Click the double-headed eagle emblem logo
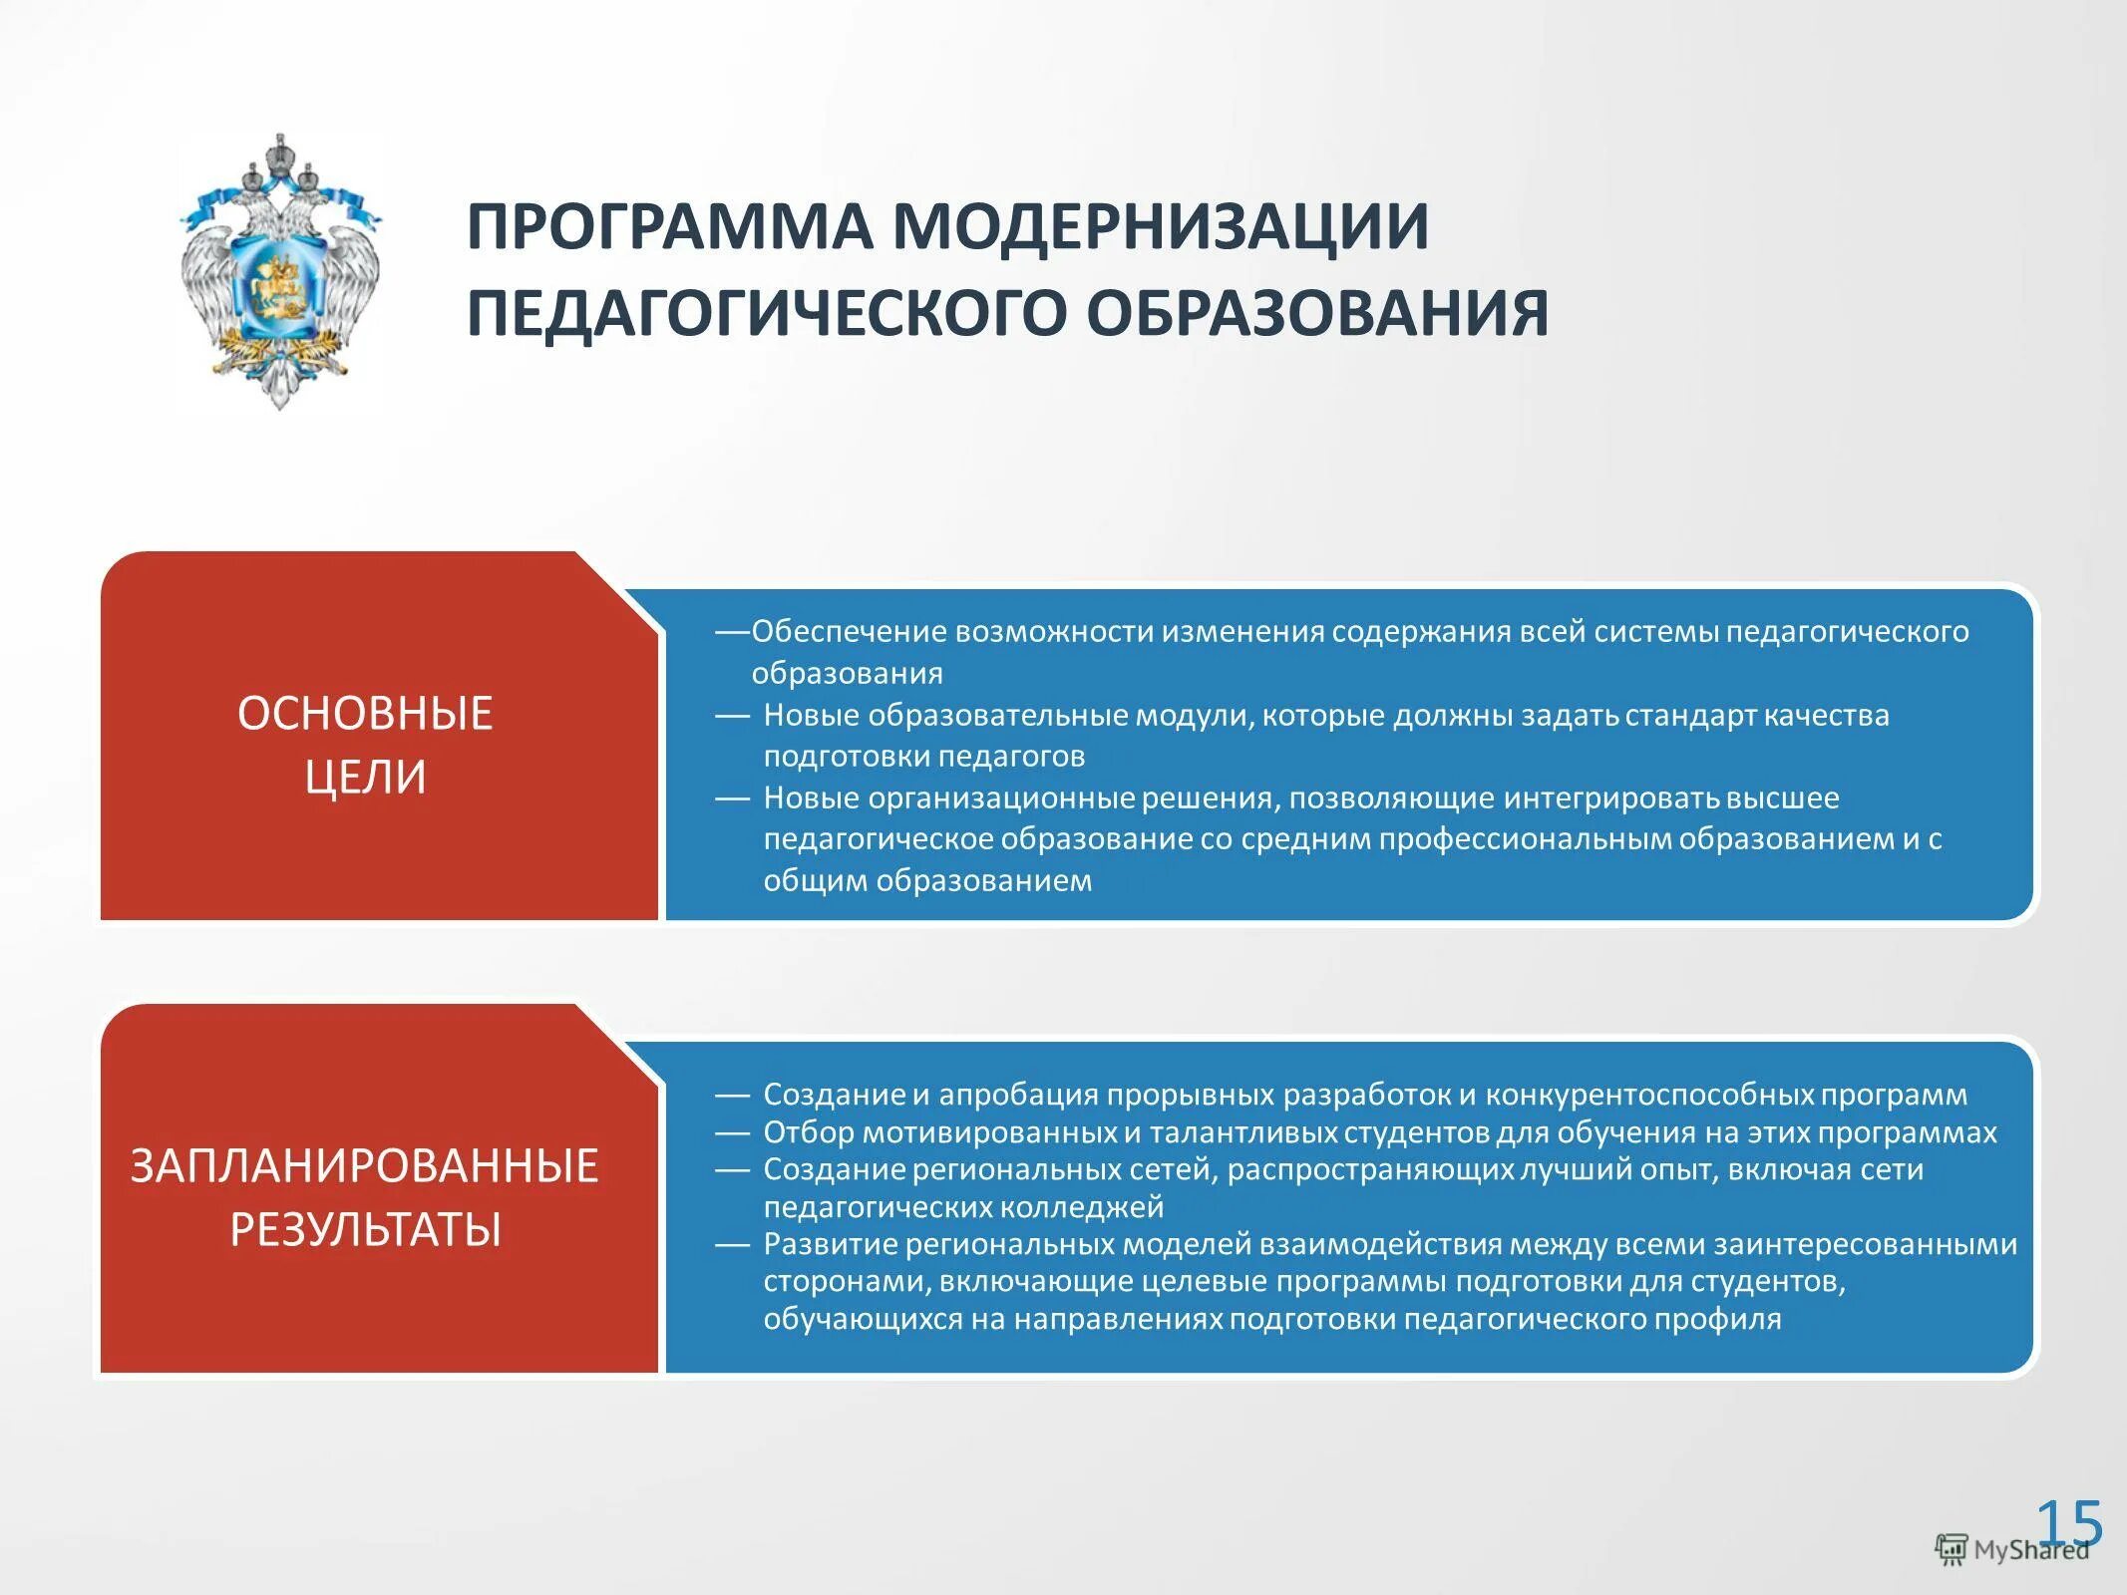tap(280, 272)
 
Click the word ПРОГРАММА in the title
tap(669, 227)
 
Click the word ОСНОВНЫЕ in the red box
tap(365, 715)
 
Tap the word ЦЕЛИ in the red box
tap(365, 778)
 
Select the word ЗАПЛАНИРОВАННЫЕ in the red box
tap(365, 1166)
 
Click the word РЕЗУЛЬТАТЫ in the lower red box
tap(365, 1229)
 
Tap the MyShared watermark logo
tap(2011, 1550)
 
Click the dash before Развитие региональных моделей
tap(732, 1245)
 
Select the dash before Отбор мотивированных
tap(732, 1133)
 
